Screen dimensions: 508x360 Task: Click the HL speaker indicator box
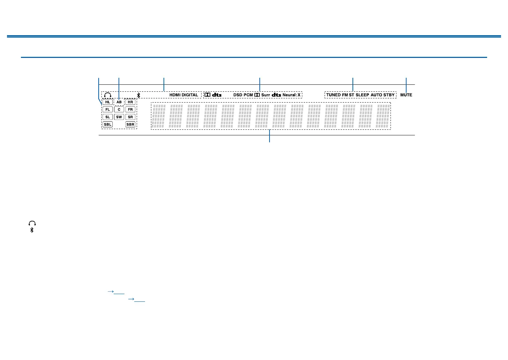point(108,102)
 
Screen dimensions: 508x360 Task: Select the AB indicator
point(119,102)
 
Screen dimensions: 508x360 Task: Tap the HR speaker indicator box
point(130,102)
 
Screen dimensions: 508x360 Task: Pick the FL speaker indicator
point(108,110)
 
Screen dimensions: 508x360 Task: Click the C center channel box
point(119,110)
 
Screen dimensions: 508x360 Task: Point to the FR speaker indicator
point(130,110)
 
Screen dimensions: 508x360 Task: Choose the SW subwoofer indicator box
point(119,117)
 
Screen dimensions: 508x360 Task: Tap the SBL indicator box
point(108,125)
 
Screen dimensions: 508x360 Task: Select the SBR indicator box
point(130,125)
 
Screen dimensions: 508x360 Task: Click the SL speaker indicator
point(108,117)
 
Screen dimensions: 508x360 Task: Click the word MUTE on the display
point(406,95)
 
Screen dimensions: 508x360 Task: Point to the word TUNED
point(333,95)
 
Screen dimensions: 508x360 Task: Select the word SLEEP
point(362,95)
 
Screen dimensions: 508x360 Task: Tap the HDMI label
point(175,95)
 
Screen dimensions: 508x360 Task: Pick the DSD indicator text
point(238,95)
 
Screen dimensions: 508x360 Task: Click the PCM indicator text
point(248,95)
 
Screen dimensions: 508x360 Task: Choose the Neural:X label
point(291,95)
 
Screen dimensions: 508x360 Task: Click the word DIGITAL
point(190,95)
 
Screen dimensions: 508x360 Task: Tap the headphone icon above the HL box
point(108,95)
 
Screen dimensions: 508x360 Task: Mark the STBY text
point(389,95)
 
